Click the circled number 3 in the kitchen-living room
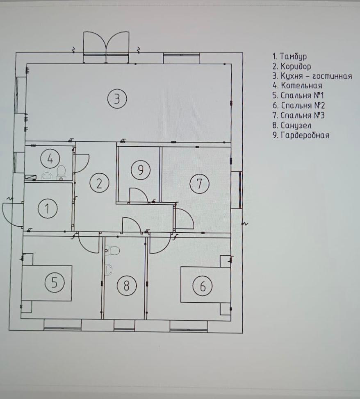(x=117, y=99)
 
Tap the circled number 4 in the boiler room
(x=50, y=159)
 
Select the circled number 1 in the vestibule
(x=48, y=209)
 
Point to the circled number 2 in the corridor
(x=99, y=183)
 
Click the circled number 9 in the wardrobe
(x=141, y=170)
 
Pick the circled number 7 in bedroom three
(x=199, y=184)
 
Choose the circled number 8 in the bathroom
(x=126, y=285)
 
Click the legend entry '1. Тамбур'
(x=289, y=57)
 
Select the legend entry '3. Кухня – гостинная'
(x=312, y=76)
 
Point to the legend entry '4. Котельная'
(x=297, y=86)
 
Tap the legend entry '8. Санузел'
(x=292, y=125)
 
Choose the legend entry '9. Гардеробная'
(x=301, y=135)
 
